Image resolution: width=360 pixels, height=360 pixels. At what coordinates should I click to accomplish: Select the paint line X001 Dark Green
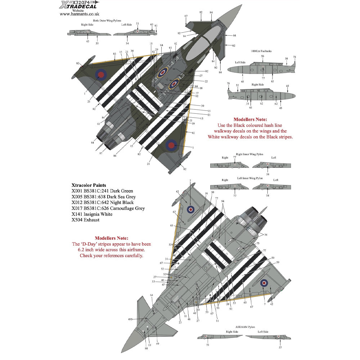[102, 191]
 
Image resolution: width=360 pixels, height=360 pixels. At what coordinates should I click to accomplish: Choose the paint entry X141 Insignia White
[92, 214]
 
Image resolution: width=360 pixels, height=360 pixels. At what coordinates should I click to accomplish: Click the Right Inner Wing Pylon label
[251, 154]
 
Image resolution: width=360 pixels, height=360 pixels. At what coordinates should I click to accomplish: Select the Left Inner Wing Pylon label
[251, 178]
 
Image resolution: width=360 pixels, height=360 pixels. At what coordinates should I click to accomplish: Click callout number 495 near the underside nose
[140, 319]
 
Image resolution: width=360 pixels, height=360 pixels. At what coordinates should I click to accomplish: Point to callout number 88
[146, 348]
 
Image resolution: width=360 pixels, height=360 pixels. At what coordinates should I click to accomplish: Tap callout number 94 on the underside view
[223, 201]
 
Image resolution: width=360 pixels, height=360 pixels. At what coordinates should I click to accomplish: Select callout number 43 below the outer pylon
[87, 41]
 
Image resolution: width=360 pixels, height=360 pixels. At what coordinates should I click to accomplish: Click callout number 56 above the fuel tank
[262, 56]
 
